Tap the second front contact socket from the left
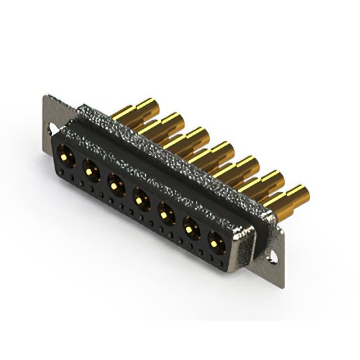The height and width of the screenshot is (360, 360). pos(90,167)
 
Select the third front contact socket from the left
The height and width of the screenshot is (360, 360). pos(115,182)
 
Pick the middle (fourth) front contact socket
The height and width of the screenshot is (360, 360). pos(141,197)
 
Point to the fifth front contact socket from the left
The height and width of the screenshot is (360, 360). pos(166,213)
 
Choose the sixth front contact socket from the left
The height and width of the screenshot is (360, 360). pos(191,228)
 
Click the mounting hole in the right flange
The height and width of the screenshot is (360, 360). pos(274,256)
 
